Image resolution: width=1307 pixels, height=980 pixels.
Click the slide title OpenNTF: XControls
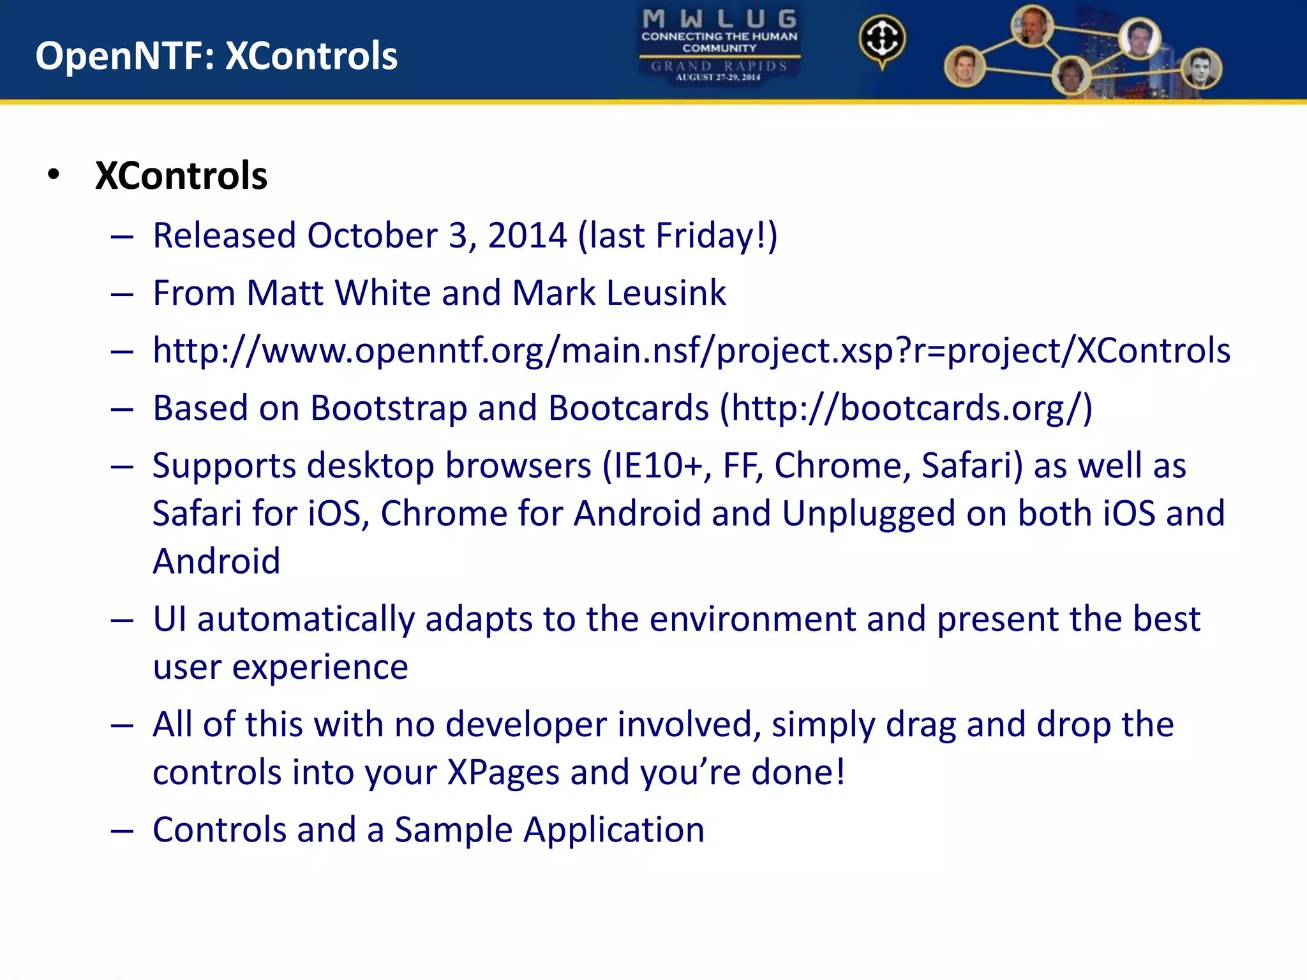coord(216,56)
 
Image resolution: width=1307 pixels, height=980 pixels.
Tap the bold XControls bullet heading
coord(181,175)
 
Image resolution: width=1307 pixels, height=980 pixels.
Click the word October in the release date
coord(372,235)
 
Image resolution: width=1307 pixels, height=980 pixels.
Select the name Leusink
coord(666,293)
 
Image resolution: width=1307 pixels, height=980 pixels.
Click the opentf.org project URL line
coord(691,351)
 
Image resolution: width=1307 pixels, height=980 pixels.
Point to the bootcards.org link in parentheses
coord(906,408)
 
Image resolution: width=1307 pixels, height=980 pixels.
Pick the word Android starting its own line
coord(216,561)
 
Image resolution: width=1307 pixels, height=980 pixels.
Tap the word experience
coord(320,667)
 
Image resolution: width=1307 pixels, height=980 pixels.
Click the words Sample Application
coord(549,830)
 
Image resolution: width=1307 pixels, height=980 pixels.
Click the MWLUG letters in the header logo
coord(719,19)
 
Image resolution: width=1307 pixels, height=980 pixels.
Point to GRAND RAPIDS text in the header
coord(719,66)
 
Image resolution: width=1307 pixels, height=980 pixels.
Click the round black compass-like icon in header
coord(881,40)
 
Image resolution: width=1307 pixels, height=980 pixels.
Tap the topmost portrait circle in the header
coord(1032,26)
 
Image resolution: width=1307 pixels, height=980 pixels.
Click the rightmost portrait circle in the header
coord(1201,69)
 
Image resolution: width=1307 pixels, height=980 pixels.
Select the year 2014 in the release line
coord(527,235)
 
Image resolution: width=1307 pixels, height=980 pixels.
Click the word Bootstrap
coord(388,408)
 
